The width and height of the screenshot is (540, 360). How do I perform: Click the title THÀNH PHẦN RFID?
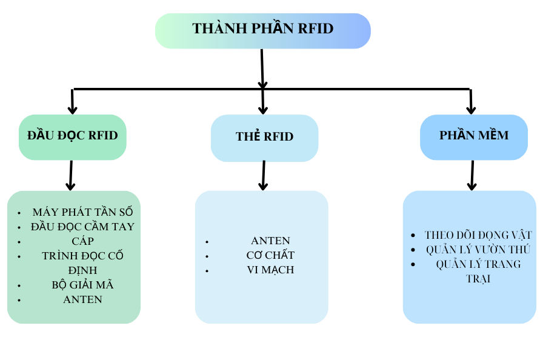262,28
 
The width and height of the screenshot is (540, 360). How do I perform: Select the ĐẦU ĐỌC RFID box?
73,136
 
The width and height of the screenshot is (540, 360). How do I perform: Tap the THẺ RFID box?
264,137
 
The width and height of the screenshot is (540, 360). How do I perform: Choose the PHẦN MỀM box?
473,135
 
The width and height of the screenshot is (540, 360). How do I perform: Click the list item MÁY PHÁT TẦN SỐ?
82,212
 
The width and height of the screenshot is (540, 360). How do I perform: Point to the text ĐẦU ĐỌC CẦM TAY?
82,227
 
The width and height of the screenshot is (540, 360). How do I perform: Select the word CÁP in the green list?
82,241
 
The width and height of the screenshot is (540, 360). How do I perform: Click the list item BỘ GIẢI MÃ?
82,285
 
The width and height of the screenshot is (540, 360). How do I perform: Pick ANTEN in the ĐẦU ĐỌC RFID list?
82,299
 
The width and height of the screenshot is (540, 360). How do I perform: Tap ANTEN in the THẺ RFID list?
270,241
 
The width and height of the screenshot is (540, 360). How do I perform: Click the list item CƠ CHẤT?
270,255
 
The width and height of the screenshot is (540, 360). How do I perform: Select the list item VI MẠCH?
270,270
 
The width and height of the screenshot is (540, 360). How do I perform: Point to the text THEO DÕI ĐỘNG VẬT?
478,235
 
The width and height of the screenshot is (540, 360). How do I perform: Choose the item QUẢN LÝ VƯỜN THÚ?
478,250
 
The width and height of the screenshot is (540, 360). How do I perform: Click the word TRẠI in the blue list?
478,279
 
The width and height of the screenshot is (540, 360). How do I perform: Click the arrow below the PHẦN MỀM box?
472,176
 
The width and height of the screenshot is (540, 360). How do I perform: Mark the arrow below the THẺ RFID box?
263,176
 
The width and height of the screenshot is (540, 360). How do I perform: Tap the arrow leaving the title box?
262,68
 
